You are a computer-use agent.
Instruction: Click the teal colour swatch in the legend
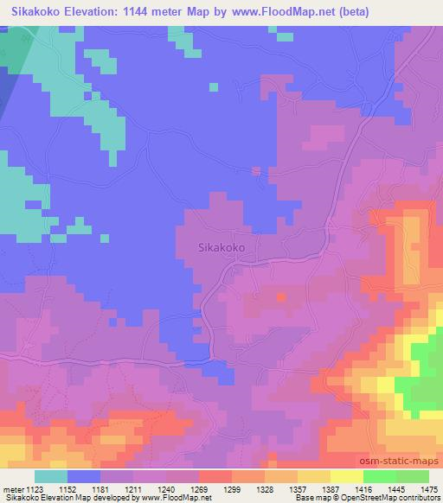(x=50, y=476)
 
